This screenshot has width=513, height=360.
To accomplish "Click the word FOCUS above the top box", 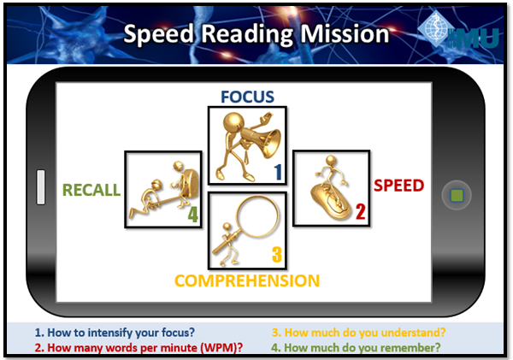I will coord(247,96).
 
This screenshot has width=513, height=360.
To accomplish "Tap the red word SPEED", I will coord(399,185).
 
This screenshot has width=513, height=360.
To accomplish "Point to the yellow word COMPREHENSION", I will coord(247,280).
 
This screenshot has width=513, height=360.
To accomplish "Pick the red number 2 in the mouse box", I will coord(360,211).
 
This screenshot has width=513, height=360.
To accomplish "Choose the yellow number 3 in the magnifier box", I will coord(276,254).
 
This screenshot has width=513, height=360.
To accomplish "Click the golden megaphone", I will coord(256,137).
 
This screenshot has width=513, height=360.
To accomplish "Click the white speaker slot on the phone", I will coord(41,190).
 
